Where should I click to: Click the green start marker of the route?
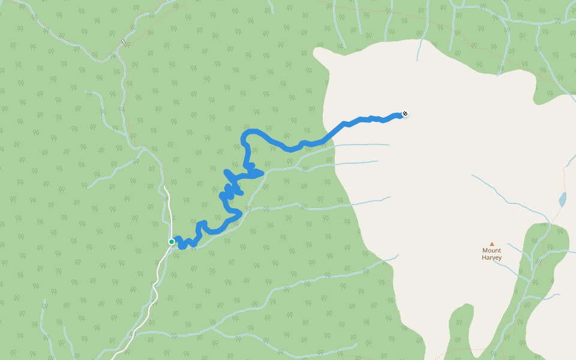[x=172, y=242]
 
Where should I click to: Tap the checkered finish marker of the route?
[x=404, y=114]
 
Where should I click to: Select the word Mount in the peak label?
[x=491, y=251]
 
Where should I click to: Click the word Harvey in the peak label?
[x=491, y=257]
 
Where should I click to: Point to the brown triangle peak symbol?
[x=492, y=244]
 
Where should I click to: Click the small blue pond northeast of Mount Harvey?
[x=562, y=199]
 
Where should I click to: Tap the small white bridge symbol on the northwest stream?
[x=124, y=42]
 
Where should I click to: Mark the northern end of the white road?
[x=164, y=187]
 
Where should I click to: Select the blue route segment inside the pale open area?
[x=366, y=119]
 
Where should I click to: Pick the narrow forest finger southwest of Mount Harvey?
[x=459, y=330]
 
